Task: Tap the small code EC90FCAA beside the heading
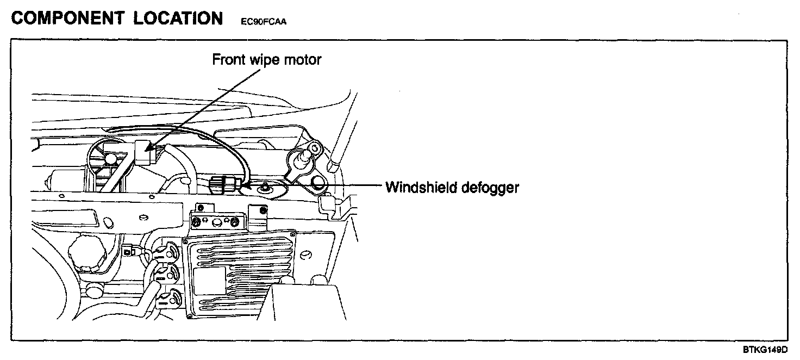262,22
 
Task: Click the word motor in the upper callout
303,59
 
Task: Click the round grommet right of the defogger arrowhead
266,188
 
